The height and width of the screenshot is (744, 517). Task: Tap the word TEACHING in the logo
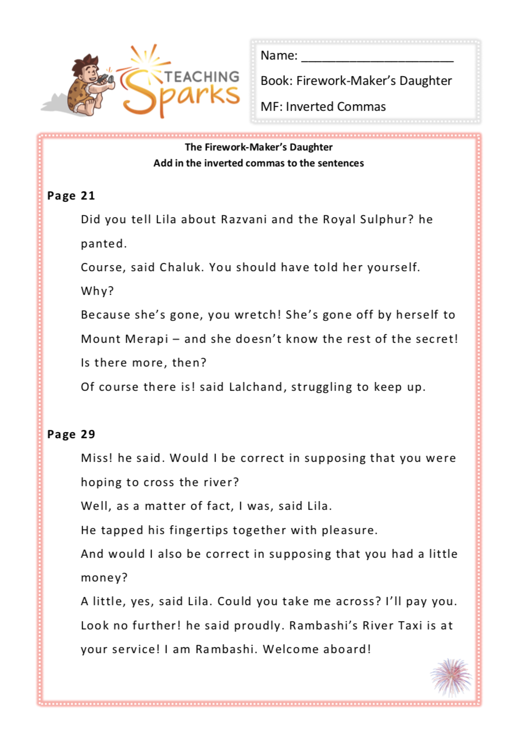pyautogui.click(x=202, y=77)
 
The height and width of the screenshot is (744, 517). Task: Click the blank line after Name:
pyautogui.click(x=377, y=57)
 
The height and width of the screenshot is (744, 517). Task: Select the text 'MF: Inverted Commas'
pyautogui.click(x=323, y=107)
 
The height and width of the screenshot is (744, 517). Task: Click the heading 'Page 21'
pyautogui.click(x=71, y=196)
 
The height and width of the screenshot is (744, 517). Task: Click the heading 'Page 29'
pyautogui.click(x=71, y=434)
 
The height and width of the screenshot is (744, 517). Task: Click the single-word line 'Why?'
pyautogui.click(x=97, y=291)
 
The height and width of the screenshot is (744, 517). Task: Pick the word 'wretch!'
pyautogui.click(x=257, y=315)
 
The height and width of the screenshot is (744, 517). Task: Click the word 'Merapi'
pyautogui.click(x=148, y=339)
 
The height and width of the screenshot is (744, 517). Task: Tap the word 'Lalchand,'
pyautogui.click(x=257, y=387)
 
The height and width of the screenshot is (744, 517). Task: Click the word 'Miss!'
pyautogui.click(x=96, y=458)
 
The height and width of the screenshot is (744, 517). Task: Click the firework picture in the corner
pyautogui.click(x=451, y=677)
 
